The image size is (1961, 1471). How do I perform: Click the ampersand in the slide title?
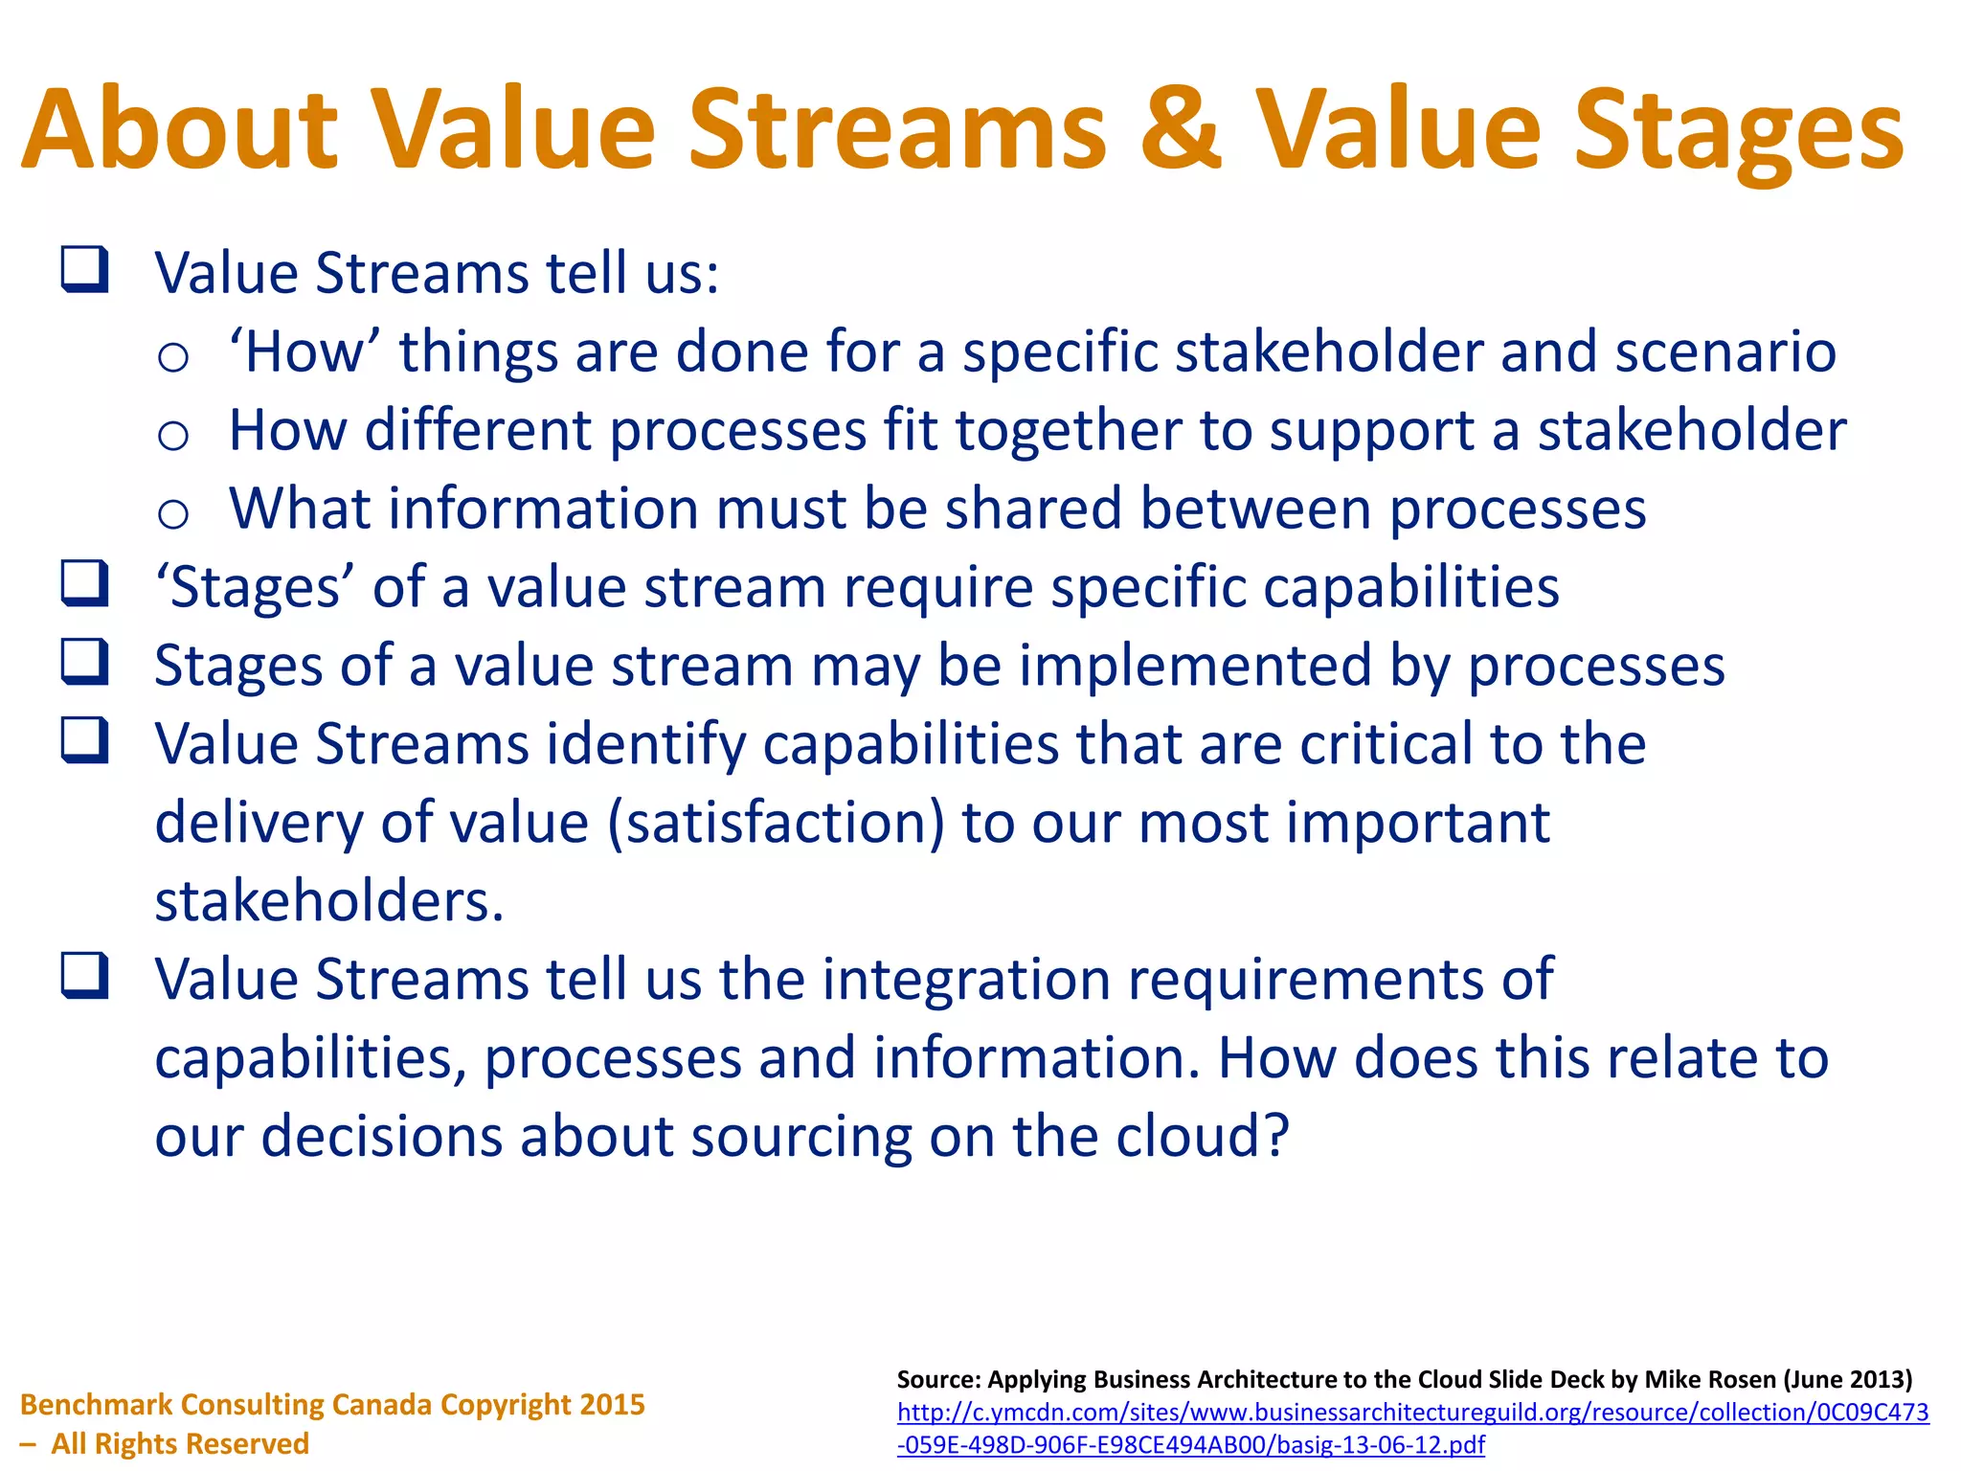tap(1180, 129)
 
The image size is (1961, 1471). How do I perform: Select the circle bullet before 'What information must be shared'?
tap(173, 514)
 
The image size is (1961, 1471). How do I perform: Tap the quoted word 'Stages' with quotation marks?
tap(255, 587)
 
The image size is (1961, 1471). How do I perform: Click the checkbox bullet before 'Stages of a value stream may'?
tap(85, 662)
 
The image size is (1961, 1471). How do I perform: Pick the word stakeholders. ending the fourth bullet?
tap(329, 901)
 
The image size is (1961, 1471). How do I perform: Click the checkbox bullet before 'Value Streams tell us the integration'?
tap(85, 976)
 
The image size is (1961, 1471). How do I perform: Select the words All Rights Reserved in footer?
tap(180, 1443)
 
